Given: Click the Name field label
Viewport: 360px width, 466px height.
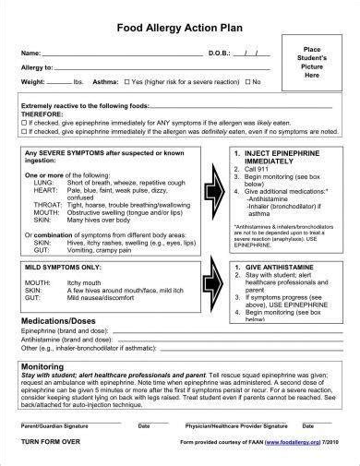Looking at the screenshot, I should click(30, 52).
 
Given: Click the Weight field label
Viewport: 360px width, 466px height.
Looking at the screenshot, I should click(34, 82).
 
